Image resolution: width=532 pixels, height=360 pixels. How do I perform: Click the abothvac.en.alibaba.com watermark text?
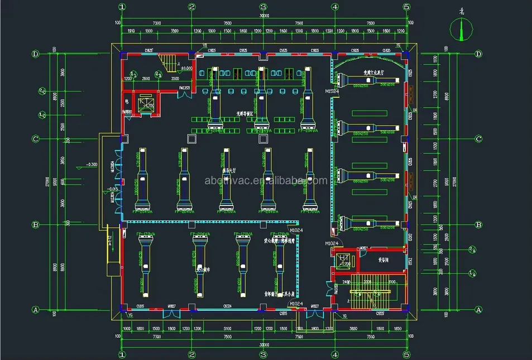pos(266,180)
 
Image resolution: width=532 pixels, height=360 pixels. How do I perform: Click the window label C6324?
pos(228,306)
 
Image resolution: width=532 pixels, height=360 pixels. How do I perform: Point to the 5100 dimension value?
pos(228,329)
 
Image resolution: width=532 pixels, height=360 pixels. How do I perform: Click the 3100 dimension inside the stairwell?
pos(391,282)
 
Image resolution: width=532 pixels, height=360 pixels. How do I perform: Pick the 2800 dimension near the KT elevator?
pos(145,79)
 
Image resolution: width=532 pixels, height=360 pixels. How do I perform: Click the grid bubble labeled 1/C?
pos(42,115)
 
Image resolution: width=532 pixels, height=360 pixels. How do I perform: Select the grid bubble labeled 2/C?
pos(42,90)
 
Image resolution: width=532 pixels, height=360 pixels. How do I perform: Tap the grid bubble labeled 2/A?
pos(472,249)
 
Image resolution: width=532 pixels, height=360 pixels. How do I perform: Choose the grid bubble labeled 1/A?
pos(472,273)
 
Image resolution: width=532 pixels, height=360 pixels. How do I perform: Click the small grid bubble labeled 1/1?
pos(133,73)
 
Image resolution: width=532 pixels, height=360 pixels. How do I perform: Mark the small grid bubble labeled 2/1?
pos(158,73)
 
